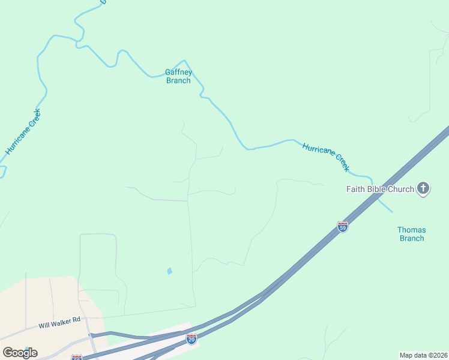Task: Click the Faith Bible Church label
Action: [x=380, y=189]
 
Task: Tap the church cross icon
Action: [x=423, y=189]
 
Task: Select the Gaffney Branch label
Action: [x=178, y=77]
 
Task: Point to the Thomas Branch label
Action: [x=412, y=234]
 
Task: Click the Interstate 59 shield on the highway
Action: [x=342, y=227]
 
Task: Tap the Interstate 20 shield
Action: [x=191, y=339]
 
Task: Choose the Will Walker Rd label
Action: [x=59, y=324]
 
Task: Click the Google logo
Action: [x=20, y=353]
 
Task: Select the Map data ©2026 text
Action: [x=423, y=355]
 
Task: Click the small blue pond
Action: [x=169, y=271]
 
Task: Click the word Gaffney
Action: [x=178, y=73]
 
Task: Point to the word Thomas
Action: [x=412, y=230]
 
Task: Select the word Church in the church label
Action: [x=401, y=189]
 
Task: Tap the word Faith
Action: [x=355, y=189]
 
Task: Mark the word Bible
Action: [x=376, y=189]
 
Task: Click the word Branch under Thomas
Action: [x=412, y=238]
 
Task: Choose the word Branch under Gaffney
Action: [x=178, y=81]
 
